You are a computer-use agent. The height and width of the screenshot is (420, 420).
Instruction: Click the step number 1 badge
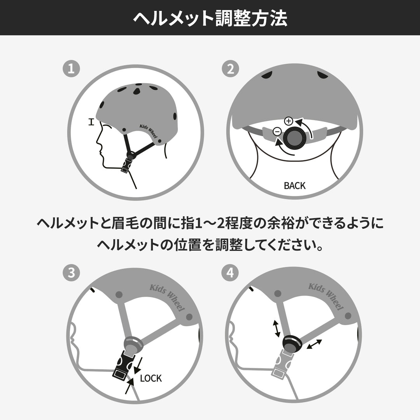point(71,69)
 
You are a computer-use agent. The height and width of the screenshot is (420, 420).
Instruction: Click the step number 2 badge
point(230,69)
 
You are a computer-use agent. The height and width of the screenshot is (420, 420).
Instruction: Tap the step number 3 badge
point(71,273)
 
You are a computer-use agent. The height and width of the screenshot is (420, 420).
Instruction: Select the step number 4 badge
point(230,273)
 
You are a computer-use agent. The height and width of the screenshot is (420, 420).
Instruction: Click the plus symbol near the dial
point(288,121)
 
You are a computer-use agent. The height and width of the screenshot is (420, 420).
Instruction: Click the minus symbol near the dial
point(277,131)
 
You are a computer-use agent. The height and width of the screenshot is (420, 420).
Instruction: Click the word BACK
point(294,186)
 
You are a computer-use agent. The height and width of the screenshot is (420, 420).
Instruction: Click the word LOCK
point(150,378)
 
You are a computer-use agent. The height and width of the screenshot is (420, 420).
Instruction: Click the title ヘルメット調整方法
point(210,18)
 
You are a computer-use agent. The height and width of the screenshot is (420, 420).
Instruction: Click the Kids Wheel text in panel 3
point(167,297)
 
